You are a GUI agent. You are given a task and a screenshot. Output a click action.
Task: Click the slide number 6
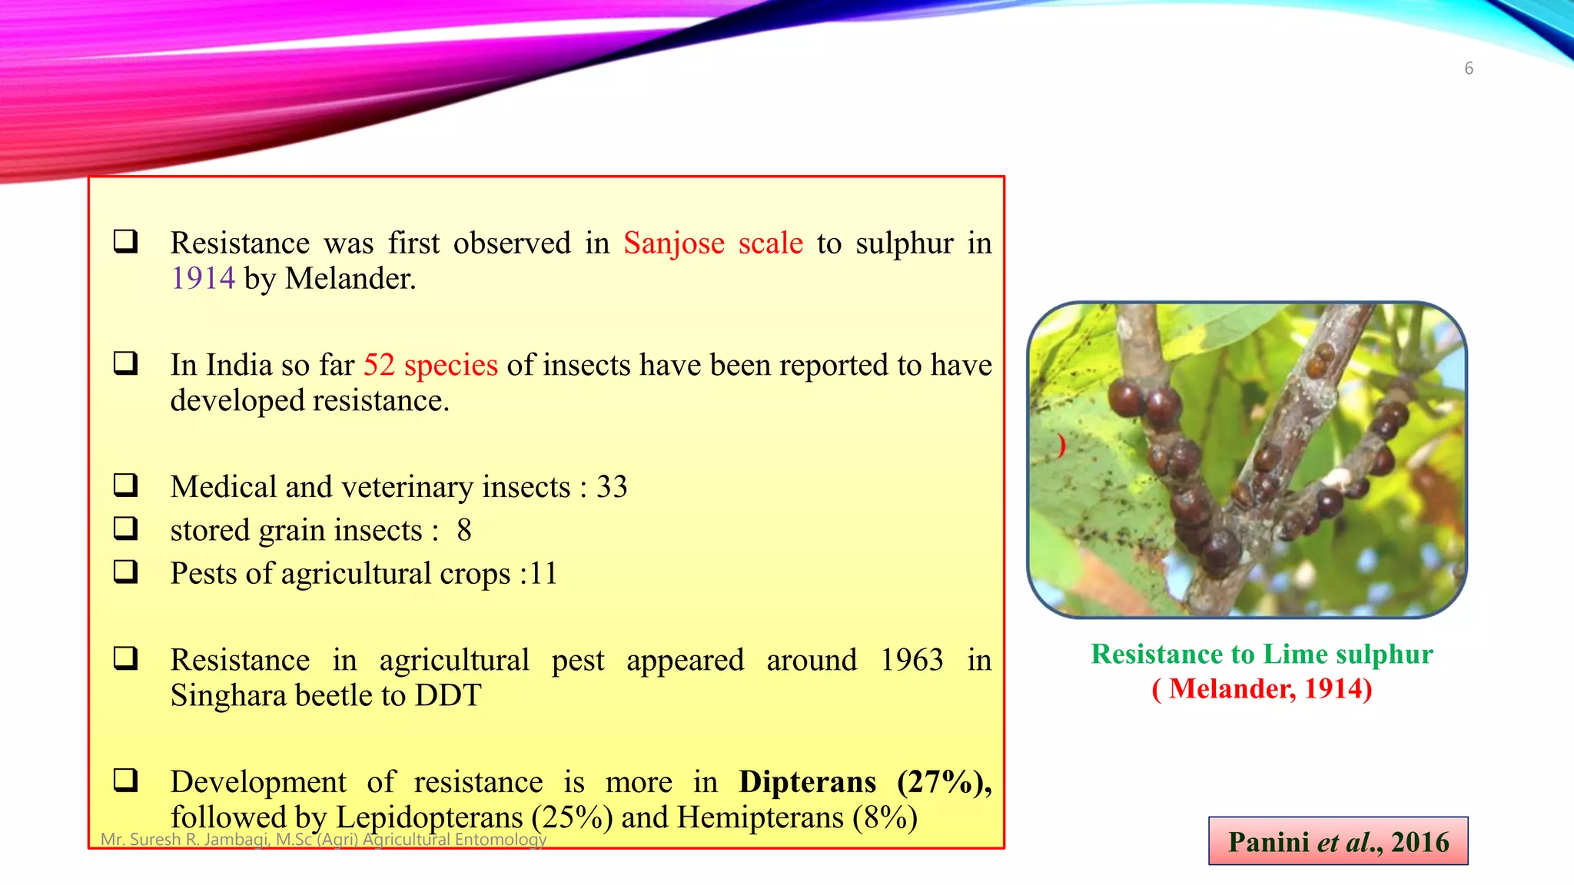click(1468, 68)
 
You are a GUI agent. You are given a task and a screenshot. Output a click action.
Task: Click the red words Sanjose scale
click(712, 244)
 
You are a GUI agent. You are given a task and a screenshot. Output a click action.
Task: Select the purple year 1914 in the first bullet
click(203, 278)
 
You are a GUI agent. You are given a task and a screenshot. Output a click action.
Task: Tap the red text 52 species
click(430, 365)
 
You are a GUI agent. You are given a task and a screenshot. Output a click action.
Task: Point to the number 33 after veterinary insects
click(612, 487)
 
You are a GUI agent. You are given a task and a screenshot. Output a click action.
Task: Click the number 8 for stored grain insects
click(463, 530)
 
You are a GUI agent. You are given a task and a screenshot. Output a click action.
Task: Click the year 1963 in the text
click(912, 660)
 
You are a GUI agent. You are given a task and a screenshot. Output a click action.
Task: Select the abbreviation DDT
click(447, 696)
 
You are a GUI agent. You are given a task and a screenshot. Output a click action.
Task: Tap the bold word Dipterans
click(807, 782)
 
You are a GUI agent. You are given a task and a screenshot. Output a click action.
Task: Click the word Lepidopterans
click(430, 817)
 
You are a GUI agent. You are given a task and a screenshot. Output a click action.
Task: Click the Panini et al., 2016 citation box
click(1338, 841)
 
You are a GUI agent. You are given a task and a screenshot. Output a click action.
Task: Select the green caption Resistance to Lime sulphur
click(1262, 654)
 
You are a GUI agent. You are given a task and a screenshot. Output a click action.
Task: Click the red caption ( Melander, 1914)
click(1262, 688)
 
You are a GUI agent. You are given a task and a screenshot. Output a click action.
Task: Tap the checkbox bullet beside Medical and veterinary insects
click(125, 485)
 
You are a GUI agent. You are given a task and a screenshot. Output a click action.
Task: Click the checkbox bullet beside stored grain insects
click(125, 528)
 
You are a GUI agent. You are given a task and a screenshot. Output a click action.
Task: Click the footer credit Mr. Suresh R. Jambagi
click(323, 839)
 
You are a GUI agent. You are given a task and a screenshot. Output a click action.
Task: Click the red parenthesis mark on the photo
click(1061, 445)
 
